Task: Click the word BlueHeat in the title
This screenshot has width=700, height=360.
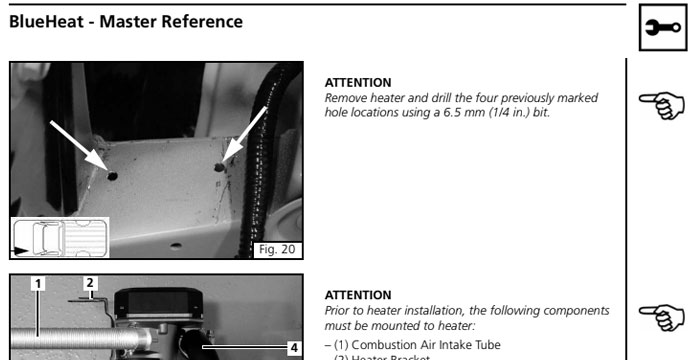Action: point(46,21)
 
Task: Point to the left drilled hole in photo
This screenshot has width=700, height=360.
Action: point(112,175)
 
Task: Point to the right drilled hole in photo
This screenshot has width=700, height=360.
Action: point(220,167)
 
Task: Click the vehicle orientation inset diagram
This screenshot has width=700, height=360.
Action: point(59,239)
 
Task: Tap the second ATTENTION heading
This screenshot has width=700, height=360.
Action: point(358,296)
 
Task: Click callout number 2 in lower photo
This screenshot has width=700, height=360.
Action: point(89,283)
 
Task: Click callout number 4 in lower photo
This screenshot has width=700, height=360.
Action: point(293,348)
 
